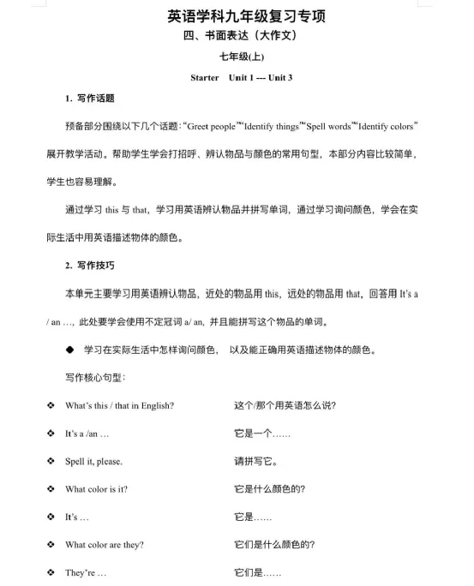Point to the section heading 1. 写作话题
tap(90, 99)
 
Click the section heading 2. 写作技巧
tap(90, 266)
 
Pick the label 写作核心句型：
tap(96, 378)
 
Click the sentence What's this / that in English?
tap(120, 405)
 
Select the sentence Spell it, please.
tap(93, 462)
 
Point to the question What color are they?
tap(105, 545)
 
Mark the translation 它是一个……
tap(261, 434)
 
